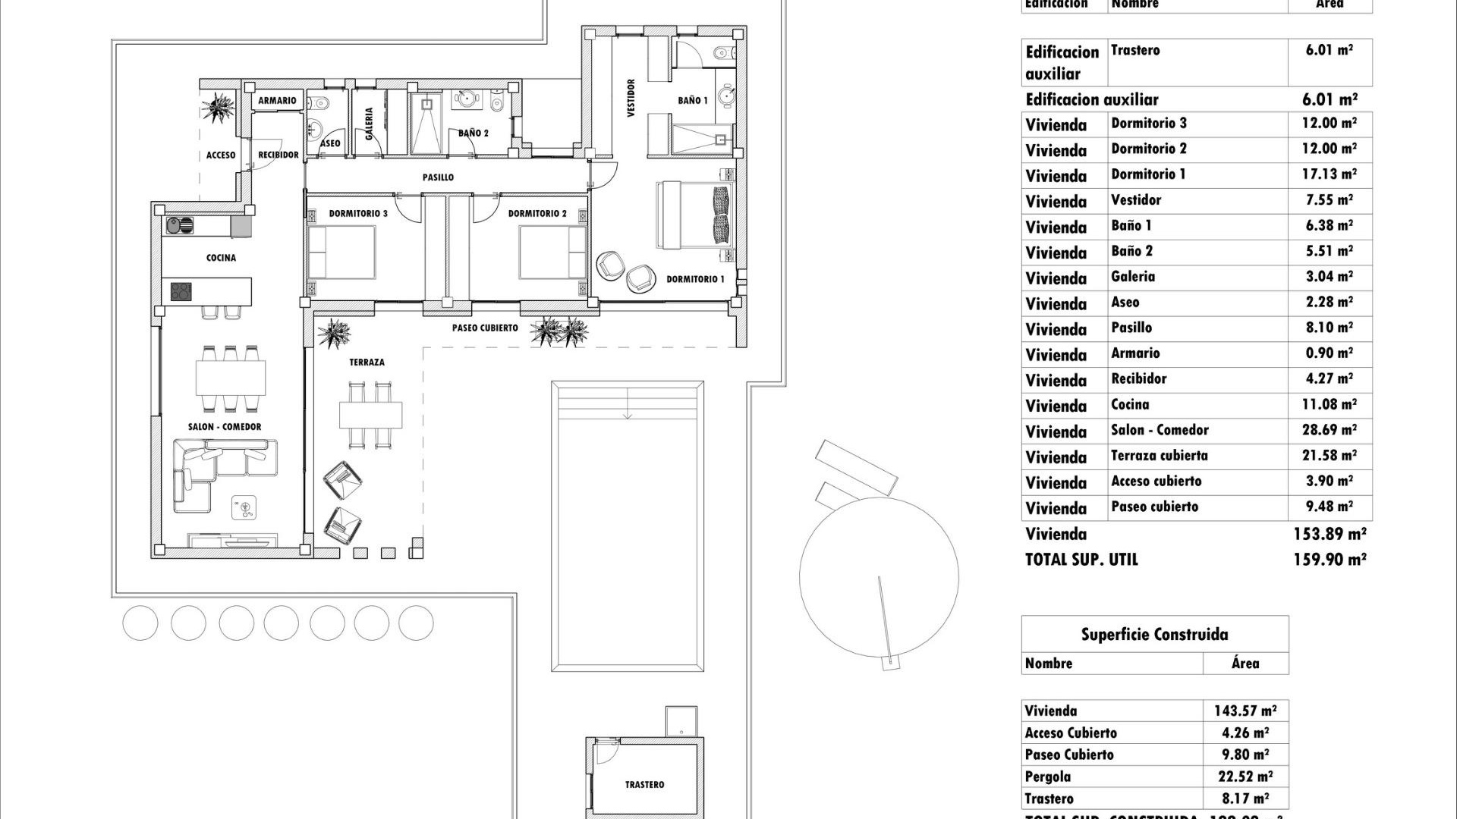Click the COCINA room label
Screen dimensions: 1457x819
(x=221, y=258)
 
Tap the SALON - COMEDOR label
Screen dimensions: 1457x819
(x=225, y=427)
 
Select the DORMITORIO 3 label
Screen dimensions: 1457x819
(x=358, y=214)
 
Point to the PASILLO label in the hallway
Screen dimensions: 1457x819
(x=438, y=177)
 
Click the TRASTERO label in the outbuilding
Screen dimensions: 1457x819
(x=644, y=785)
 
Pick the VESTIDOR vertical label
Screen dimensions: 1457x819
(x=631, y=99)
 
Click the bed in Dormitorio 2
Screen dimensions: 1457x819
(x=552, y=253)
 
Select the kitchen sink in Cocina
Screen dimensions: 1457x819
(x=180, y=225)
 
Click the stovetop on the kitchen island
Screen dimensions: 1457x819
(x=181, y=291)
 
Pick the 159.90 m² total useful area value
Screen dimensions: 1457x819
(x=1330, y=560)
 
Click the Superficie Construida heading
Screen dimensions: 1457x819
(x=1154, y=635)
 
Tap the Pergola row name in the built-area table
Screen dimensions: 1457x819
(x=1048, y=777)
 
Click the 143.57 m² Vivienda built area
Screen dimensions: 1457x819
(x=1245, y=711)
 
